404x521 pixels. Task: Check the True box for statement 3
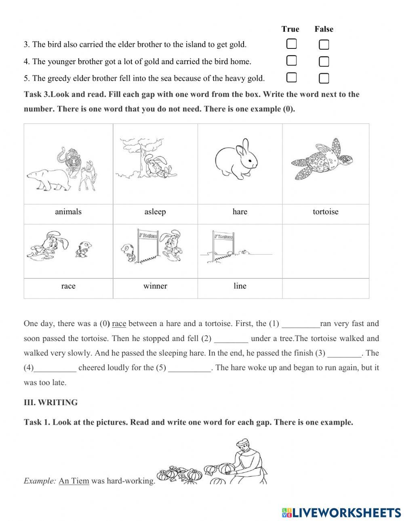pyautogui.click(x=291, y=44)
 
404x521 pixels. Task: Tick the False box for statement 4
pyautogui.click(x=324, y=61)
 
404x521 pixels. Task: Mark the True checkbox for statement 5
pyautogui.click(x=291, y=77)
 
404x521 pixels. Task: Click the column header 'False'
pyautogui.click(x=324, y=29)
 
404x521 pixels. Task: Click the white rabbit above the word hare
pyautogui.click(x=236, y=159)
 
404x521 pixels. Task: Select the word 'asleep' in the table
pyautogui.click(x=155, y=212)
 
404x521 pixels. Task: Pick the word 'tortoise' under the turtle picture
pyautogui.click(x=325, y=212)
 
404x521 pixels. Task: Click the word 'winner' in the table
pyautogui.click(x=155, y=286)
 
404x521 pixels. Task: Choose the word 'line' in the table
pyautogui.click(x=240, y=286)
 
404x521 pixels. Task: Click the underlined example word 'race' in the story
pyautogui.click(x=119, y=324)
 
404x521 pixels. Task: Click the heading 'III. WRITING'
pyautogui.click(x=51, y=402)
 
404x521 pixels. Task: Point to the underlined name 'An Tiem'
pyautogui.click(x=74, y=481)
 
